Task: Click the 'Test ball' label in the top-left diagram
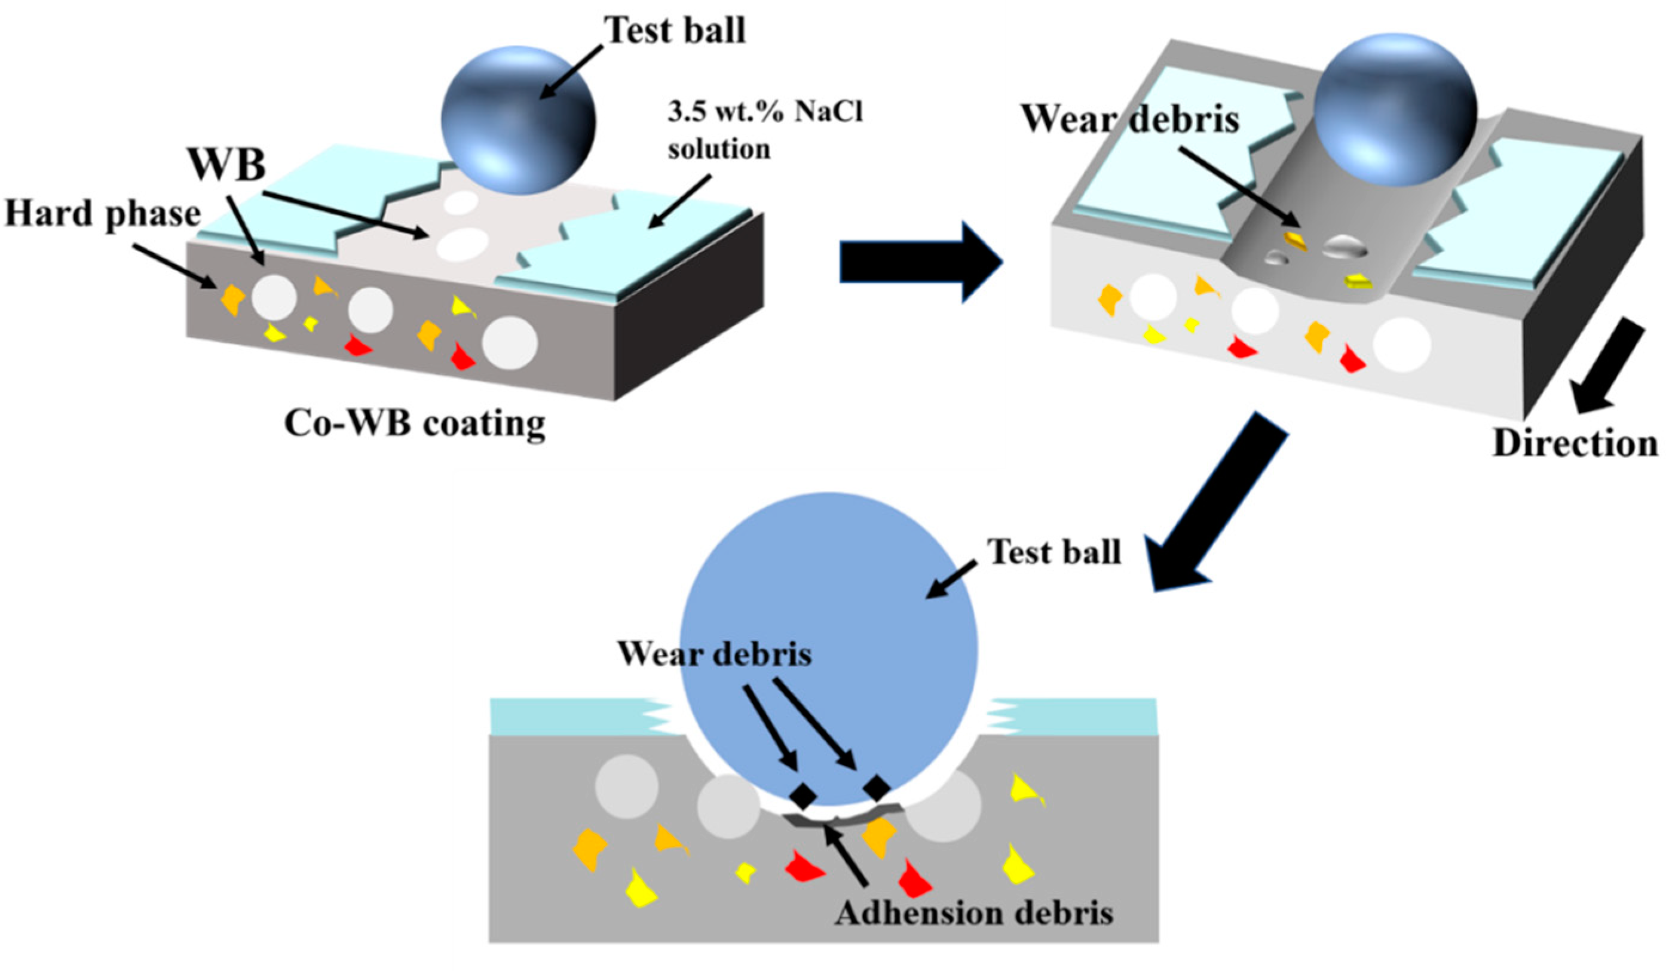674,30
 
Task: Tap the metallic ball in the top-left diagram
519,120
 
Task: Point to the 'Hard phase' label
103,214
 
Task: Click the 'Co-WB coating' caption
415,423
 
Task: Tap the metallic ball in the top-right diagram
1395,109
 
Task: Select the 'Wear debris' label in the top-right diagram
1130,120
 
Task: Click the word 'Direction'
1575,443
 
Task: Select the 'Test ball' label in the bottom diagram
1054,551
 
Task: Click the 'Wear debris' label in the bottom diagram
715,654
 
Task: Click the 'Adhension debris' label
974,914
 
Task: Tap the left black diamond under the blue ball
802,794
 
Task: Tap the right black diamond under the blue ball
877,786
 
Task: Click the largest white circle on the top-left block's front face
509,343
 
